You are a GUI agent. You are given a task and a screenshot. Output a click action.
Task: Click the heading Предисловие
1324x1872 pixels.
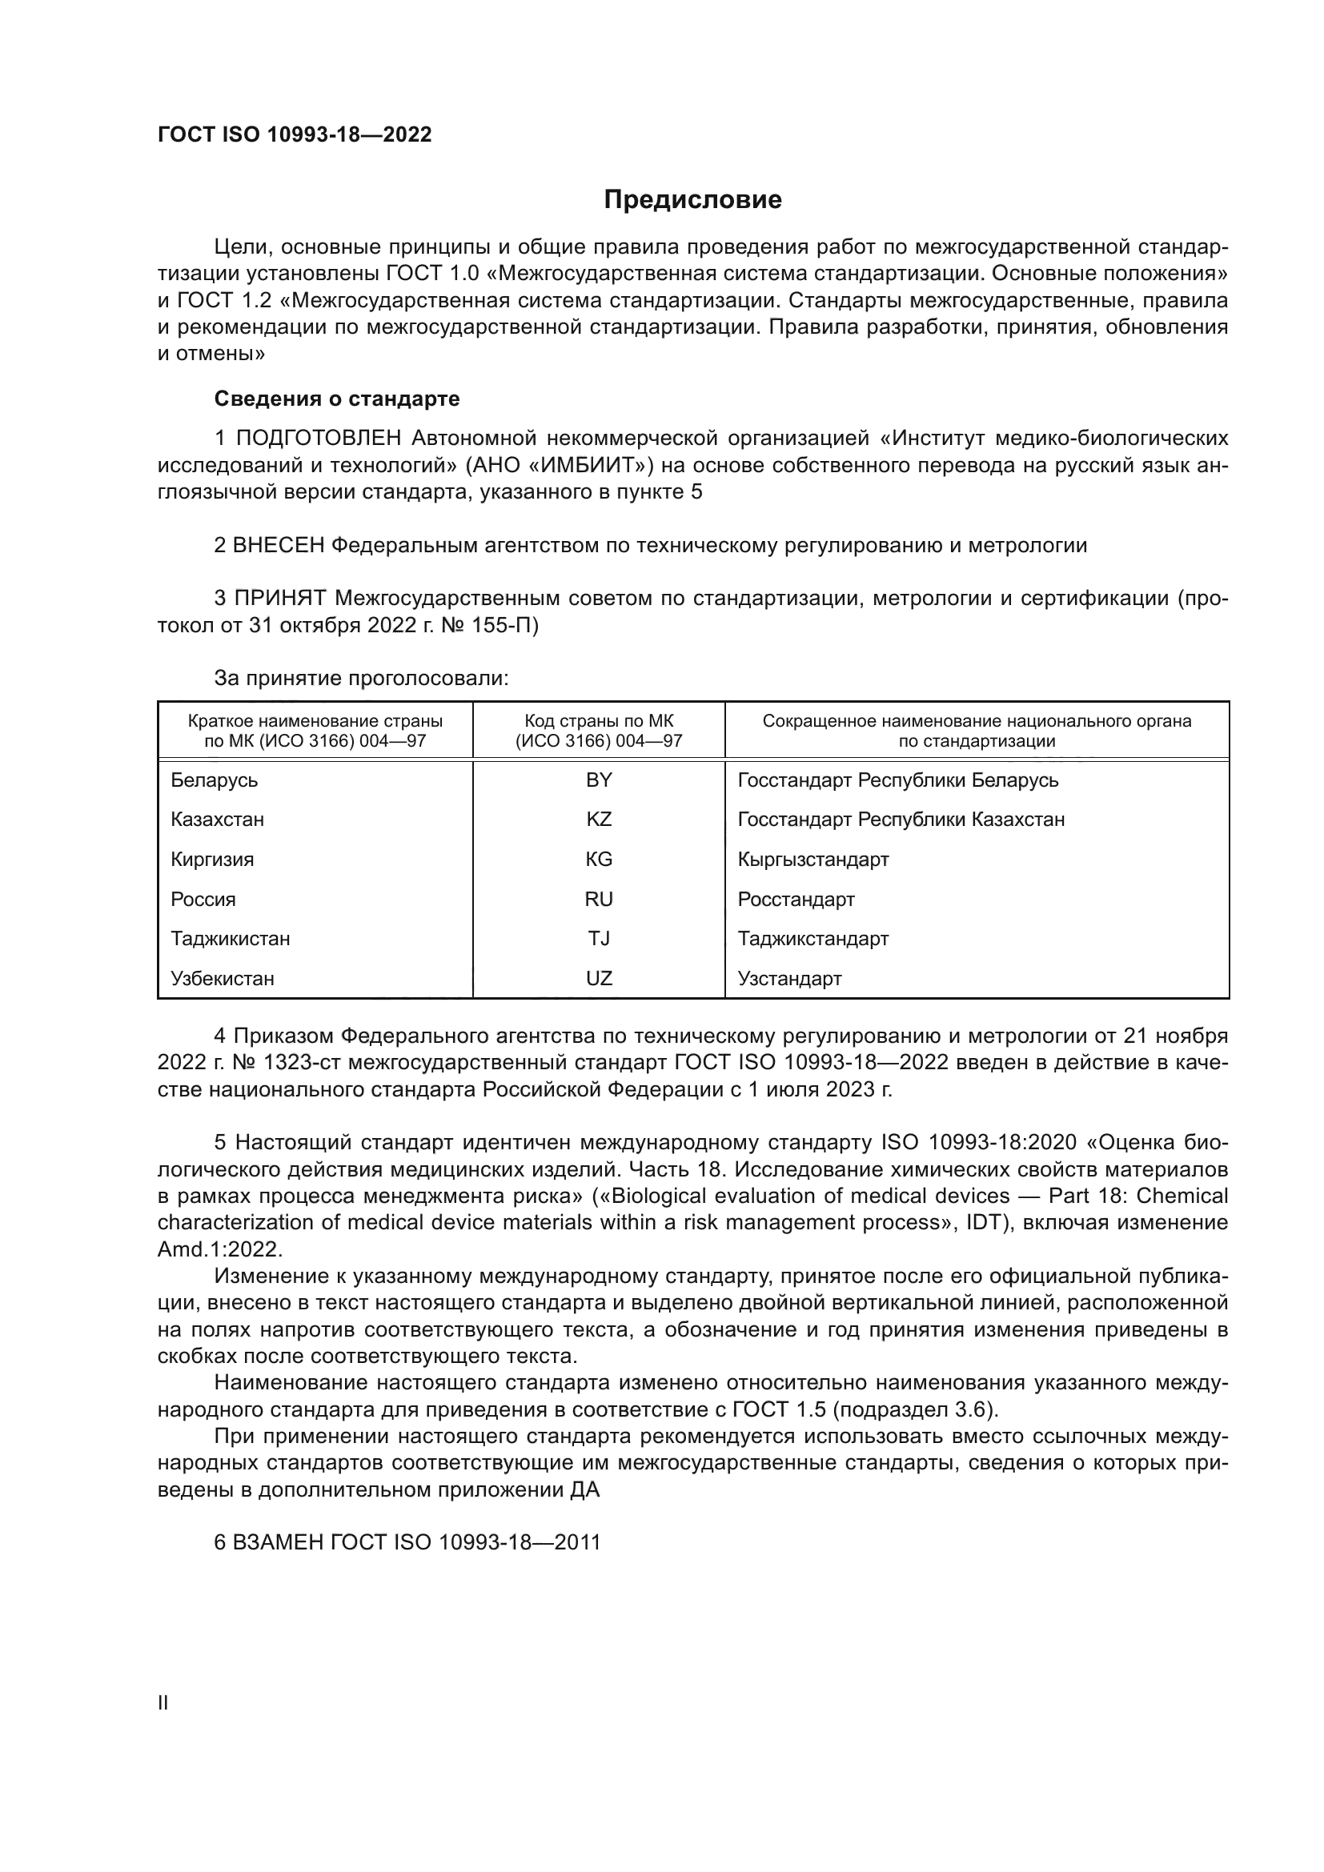coord(692,200)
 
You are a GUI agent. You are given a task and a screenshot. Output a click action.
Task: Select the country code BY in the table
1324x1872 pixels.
coord(599,780)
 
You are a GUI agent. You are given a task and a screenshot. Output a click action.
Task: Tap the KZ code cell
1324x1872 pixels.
coord(599,820)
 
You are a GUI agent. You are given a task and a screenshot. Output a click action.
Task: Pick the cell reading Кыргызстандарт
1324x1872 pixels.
coord(812,860)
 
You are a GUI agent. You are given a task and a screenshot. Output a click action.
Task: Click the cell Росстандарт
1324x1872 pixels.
coord(796,900)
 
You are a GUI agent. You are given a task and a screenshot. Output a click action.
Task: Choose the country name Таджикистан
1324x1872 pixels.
coord(230,939)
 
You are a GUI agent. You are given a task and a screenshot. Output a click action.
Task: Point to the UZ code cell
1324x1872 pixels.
coord(599,978)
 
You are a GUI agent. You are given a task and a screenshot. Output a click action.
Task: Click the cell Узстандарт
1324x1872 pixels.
coord(789,978)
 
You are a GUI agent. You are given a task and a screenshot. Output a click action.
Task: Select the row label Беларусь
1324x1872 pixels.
coord(214,780)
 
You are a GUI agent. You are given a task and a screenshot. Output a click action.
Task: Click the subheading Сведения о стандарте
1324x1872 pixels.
coord(337,399)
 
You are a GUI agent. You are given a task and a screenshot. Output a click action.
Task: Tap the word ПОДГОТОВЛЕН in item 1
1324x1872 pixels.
coord(318,439)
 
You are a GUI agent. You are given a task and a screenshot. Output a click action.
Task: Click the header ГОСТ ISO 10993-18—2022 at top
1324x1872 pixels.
coord(295,134)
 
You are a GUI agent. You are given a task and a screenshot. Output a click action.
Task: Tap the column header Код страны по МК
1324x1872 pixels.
coord(599,721)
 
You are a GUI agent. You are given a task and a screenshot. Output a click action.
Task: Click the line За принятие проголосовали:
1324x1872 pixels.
coord(361,679)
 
